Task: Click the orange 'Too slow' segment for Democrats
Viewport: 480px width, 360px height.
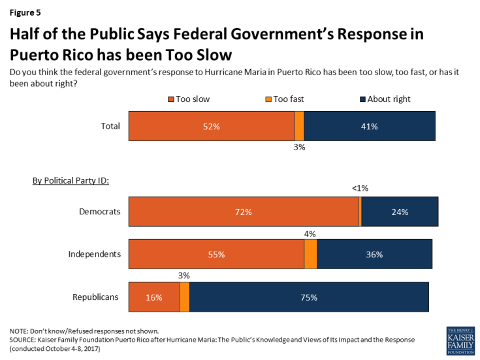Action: coord(244,212)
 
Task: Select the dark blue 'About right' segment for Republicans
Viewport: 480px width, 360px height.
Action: coord(309,297)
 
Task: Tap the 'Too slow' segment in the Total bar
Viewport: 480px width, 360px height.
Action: coord(212,126)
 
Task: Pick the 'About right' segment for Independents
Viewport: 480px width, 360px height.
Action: coord(374,254)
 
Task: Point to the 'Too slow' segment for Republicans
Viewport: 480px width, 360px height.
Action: coord(154,297)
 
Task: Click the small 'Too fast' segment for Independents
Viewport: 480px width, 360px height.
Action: coord(311,254)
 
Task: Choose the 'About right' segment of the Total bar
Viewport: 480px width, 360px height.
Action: coord(370,126)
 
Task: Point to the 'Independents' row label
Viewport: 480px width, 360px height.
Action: coord(94,254)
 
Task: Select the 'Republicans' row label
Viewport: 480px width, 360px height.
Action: coord(95,297)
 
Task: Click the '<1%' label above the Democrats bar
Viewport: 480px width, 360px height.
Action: coord(360,188)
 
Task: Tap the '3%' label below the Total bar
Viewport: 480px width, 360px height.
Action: coord(299,148)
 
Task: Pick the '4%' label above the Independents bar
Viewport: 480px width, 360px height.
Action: coord(310,233)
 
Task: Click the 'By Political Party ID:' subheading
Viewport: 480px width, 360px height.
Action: coord(71,180)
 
